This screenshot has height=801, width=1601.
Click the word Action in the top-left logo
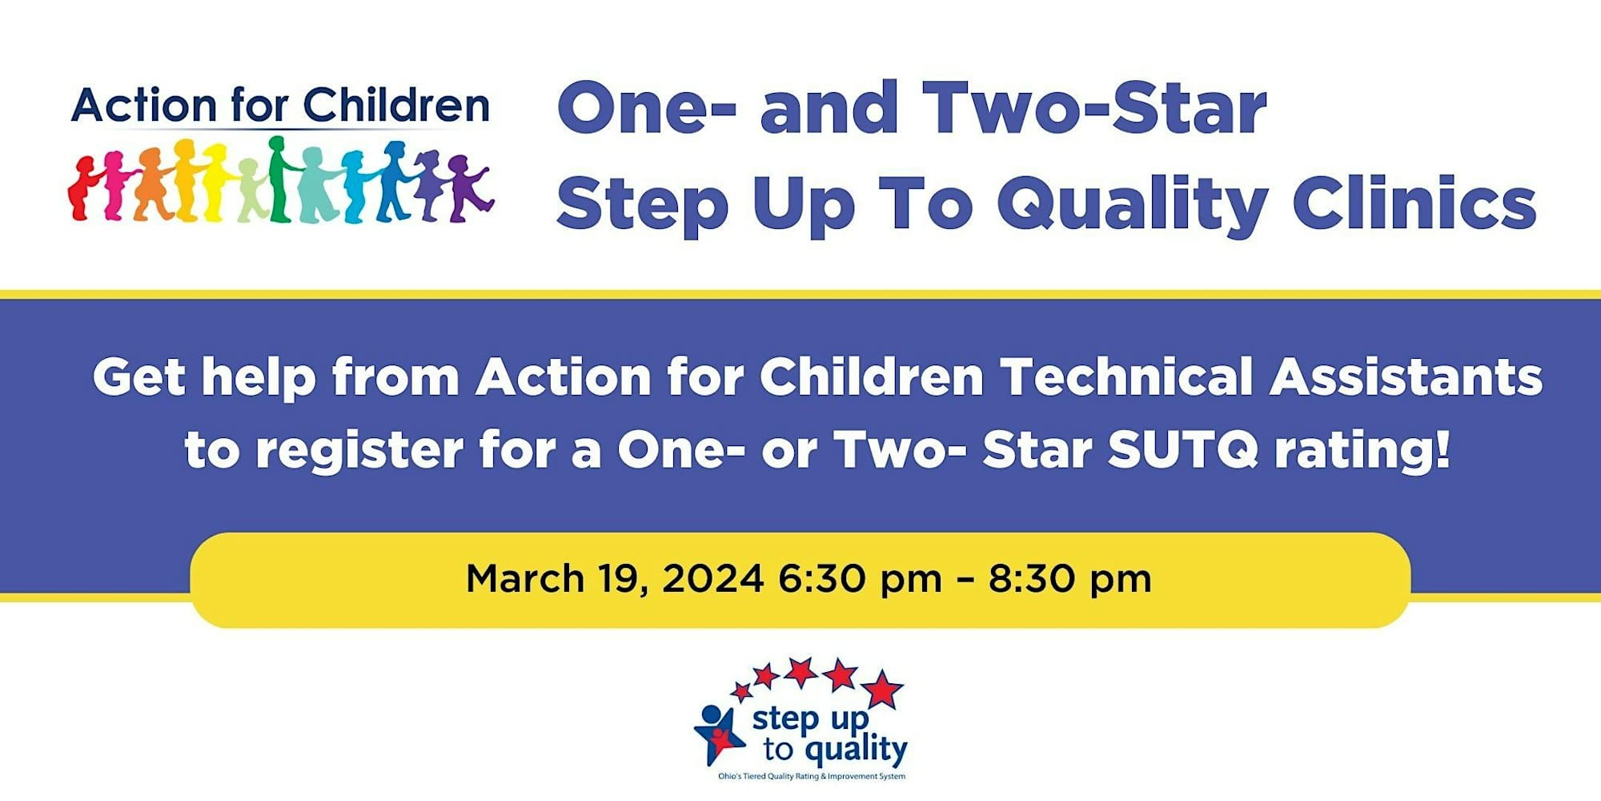point(144,106)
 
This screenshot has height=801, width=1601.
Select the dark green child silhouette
point(279,179)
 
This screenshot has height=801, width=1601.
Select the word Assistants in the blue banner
point(1406,376)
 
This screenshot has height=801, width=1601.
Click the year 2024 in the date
point(712,578)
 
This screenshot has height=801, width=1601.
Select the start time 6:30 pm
point(860,579)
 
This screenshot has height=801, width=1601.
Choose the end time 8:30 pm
point(1069,579)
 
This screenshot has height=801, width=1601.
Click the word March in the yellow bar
point(525,578)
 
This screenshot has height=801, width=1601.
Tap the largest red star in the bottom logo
point(882,689)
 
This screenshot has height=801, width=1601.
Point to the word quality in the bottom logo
point(856,751)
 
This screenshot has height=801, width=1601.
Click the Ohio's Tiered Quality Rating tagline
point(812,776)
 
